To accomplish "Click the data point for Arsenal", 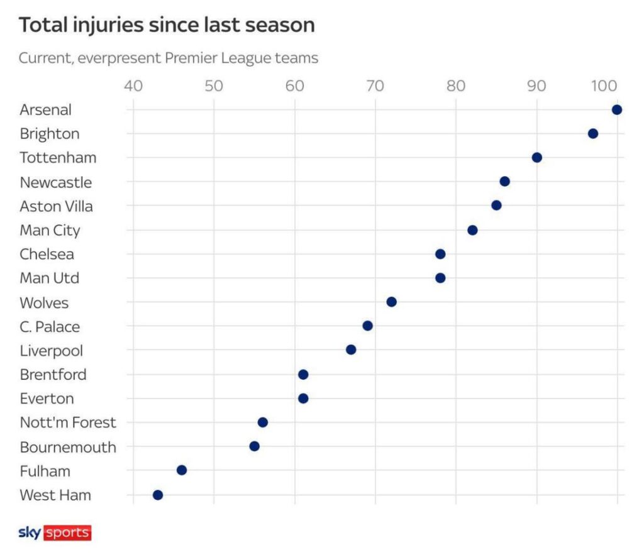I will pyautogui.click(x=617, y=110).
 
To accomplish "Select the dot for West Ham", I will pyautogui.click(x=158, y=495).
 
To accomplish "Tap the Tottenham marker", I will pyautogui.click(x=536, y=157).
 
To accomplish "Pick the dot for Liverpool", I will pyautogui.click(x=351, y=350).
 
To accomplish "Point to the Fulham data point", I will pyautogui.click(x=182, y=470).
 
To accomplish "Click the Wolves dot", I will pyautogui.click(x=391, y=302).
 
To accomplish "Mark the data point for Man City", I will pyautogui.click(x=472, y=230).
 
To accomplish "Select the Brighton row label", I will pyautogui.click(x=50, y=134).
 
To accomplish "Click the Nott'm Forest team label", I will pyautogui.click(x=68, y=422).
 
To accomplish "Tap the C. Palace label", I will pyautogui.click(x=50, y=327).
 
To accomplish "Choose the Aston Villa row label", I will pyautogui.click(x=56, y=206).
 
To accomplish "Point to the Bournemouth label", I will pyautogui.click(x=68, y=448).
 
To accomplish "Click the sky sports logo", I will pyautogui.click(x=55, y=532).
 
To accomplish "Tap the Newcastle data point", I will pyautogui.click(x=504, y=182).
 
